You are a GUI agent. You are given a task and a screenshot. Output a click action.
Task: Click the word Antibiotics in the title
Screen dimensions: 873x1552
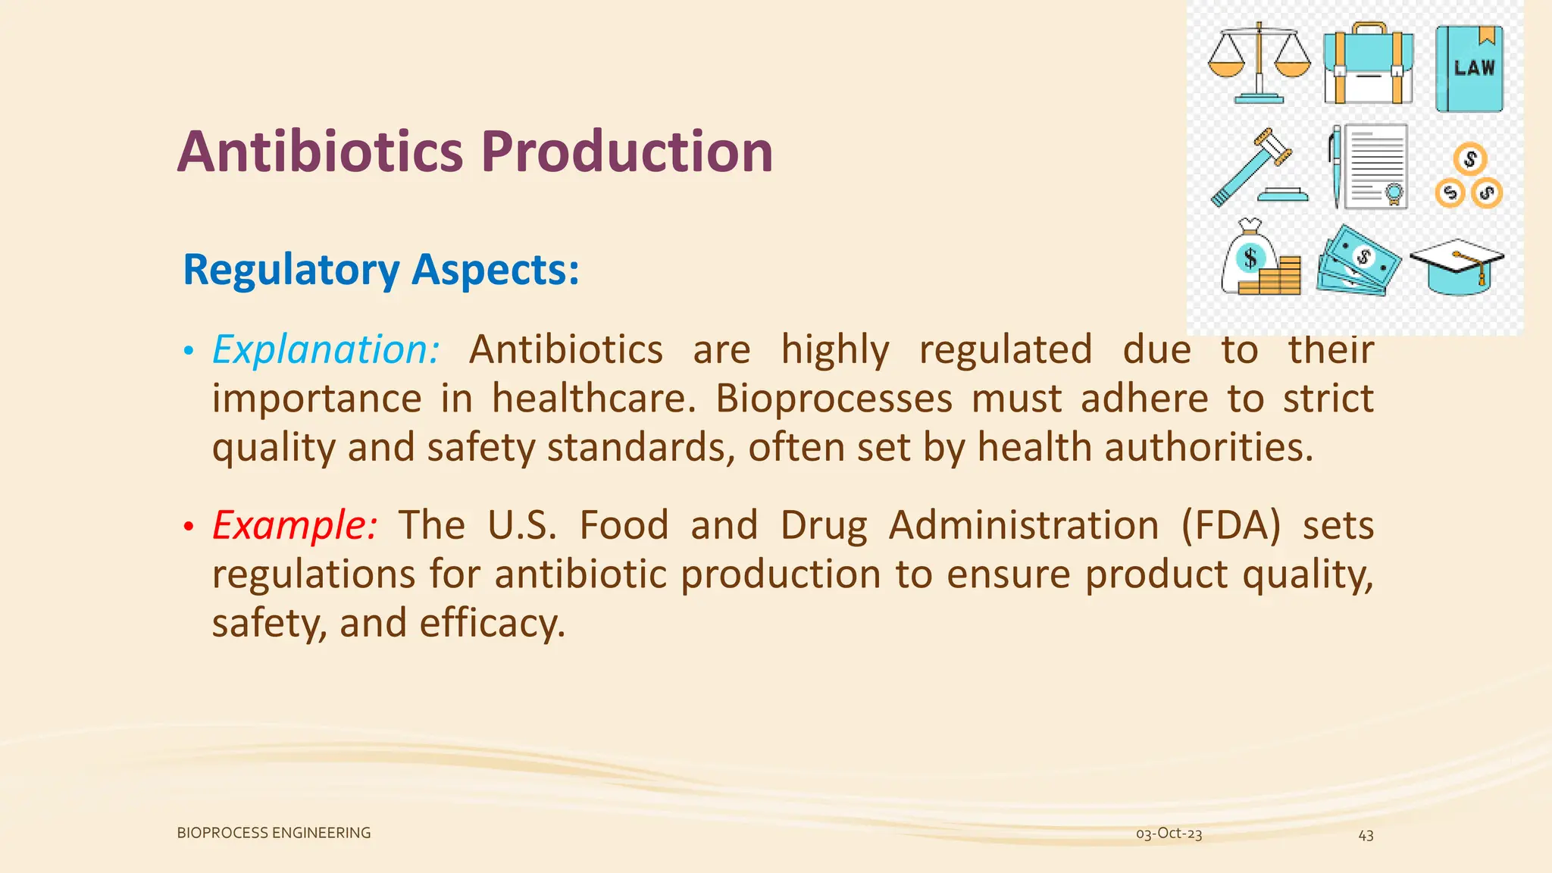(320, 152)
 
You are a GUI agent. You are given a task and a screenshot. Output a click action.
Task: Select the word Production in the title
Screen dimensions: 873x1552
(627, 152)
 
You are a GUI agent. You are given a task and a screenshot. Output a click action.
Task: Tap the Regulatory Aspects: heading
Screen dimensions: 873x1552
(381, 270)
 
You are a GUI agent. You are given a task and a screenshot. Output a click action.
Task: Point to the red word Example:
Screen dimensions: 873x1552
(294, 525)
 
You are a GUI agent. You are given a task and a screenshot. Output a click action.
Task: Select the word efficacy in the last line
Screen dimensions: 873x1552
(492, 623)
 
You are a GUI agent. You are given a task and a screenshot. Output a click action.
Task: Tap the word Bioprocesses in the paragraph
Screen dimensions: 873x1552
(834, 399)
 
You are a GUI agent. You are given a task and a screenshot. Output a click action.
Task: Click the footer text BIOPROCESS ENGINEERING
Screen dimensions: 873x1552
(274, 833)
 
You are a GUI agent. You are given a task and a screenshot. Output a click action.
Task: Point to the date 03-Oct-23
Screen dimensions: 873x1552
(1169, 834)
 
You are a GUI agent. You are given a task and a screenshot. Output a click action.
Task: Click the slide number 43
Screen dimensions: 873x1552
(1366, 835)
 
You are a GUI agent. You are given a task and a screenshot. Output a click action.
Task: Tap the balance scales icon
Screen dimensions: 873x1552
(1259, 63)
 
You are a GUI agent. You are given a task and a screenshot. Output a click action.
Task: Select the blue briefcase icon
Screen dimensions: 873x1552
(1368, 64)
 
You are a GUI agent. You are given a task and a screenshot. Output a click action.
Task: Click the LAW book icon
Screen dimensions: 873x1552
(1469, 69)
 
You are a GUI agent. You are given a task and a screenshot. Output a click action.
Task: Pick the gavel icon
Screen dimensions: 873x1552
(1257, 167)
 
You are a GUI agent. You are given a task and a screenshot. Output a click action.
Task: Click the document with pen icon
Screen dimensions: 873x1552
(1369, 167)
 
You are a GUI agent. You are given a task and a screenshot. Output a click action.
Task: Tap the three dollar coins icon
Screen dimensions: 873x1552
(1469, 177)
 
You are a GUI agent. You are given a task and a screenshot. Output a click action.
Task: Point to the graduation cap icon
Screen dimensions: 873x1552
(1457, 266)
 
